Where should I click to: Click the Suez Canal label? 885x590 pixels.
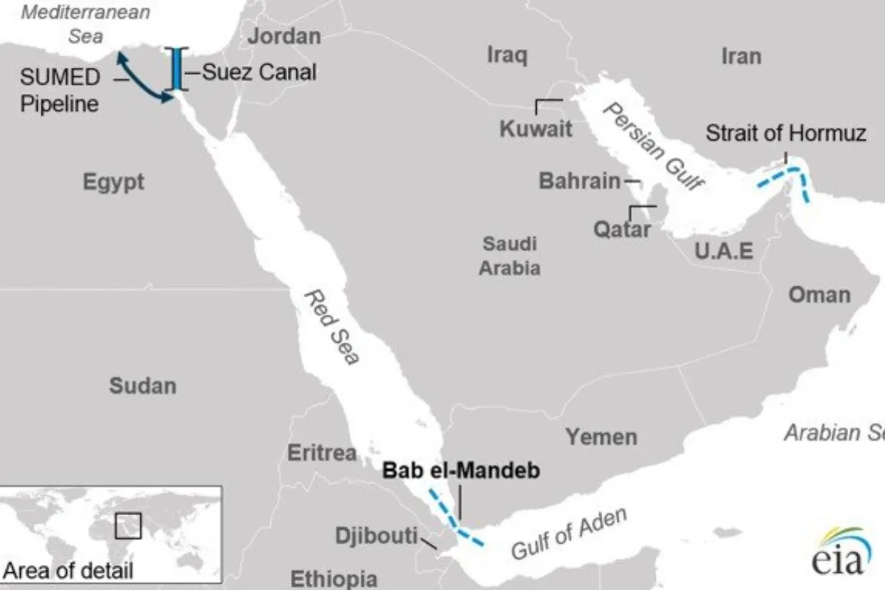pyautogui.click(x=259, y=72)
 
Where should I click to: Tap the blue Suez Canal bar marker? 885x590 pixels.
pyautogui.click(x=175, y=69)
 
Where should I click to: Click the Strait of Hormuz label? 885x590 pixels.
pyautogui.click(x=785, y=134)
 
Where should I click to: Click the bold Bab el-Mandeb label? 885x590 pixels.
pyautogui.click(x=461, y=471)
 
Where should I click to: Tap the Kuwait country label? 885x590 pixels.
pyautogui.click(x=536, y=129)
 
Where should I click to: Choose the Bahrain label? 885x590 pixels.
pyautogui.click(x=579, y=181)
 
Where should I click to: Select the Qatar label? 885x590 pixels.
pyautogui.click(x=622, y=230)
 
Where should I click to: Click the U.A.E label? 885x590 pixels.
pyautogui.click(x=724, y=251)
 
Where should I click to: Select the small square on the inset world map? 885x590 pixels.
pyautogui.click(x=128, y=526)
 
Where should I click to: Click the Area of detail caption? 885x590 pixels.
pyautogui.click(x=68, y=571)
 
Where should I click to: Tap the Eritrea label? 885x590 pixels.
pyautogui.click(x=322, y=453)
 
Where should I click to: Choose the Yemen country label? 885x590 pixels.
pyautogui.click(x=601, y=436)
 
